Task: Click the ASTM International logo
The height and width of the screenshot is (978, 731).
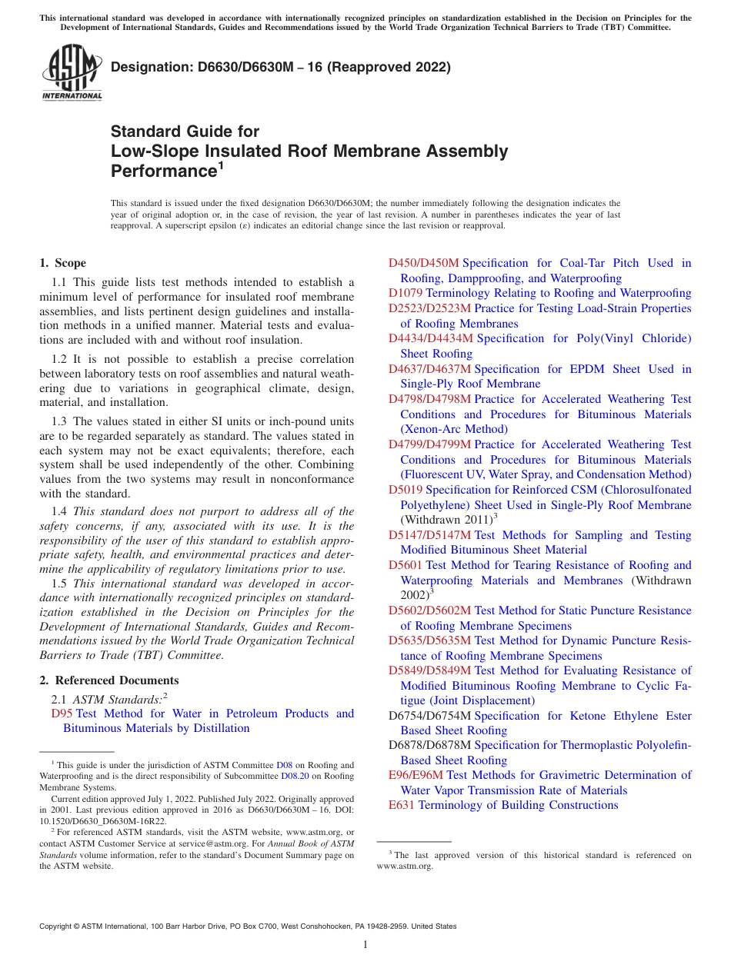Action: tap(71, 73)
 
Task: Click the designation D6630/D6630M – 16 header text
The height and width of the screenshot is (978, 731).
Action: tap(280, 68)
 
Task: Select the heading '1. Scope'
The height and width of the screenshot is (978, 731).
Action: tap(62, 263)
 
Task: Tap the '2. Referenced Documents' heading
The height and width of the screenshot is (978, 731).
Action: tap(108, 680)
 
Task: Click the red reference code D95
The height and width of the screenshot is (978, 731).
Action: tap(62, 714)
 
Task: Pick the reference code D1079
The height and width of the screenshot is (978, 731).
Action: tap(406, 293)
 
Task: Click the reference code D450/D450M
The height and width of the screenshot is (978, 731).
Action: tap(423, 263)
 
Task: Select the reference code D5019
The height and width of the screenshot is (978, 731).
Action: tap(406, 490)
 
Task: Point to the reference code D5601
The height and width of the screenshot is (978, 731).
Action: tap(406, 565)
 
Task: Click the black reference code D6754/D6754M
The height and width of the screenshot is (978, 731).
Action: tap(430, 716)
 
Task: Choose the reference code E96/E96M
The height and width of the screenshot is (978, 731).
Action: tap(416, 775)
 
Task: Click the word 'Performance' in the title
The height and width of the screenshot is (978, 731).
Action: tap(162, 171)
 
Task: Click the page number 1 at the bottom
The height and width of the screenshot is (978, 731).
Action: tap(365, 944)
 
